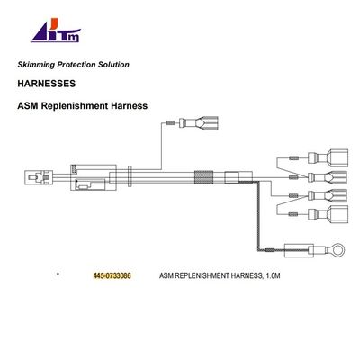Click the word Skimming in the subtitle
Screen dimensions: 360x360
(x=38, y=66)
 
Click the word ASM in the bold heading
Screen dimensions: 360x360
(x=29, y=105)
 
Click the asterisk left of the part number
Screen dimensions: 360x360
(x=57, y=272)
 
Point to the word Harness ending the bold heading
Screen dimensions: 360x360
(x=129, y=105)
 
